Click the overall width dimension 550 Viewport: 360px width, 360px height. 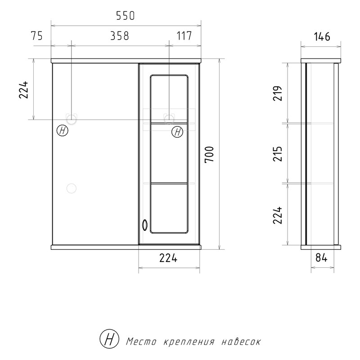click(125, 16)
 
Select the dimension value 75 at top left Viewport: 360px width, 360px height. click(37, 36)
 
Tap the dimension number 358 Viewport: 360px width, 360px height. click(120, 36)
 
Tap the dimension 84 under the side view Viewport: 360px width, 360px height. click(321, 258)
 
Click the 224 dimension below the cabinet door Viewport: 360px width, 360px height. click(168, 258)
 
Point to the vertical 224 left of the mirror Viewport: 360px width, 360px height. click(24, 90)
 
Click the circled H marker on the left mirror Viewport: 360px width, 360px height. click(63, 131)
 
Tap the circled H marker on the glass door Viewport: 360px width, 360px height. click(177, 132)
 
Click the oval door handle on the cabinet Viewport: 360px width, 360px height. click(144, 224)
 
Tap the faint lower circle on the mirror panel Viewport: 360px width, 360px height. click(71, 188)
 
